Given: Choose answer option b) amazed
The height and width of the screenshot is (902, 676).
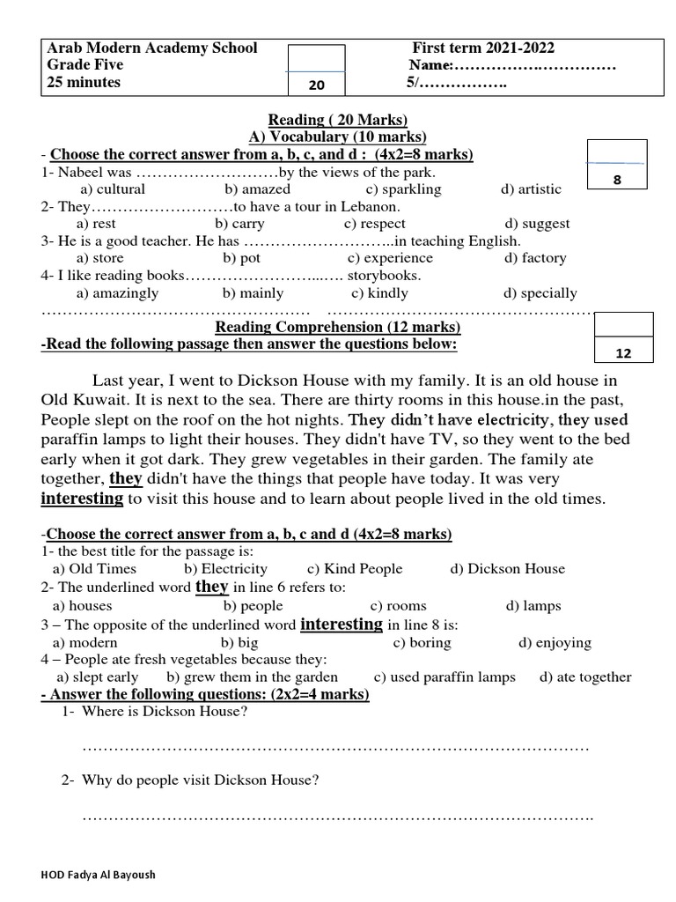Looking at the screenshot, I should [257, 189].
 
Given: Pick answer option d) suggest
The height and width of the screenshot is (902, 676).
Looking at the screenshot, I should [537, 224].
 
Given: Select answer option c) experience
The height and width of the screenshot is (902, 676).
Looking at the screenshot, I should [390, 258].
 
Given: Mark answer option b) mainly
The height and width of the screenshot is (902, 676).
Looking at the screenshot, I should [253, 293].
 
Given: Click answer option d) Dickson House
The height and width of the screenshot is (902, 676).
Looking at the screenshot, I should [507, 569].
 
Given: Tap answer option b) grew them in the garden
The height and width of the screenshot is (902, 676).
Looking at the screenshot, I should [252, 677].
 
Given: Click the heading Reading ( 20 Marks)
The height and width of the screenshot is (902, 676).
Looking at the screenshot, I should [338, 120].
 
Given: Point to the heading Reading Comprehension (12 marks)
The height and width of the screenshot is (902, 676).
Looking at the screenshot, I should [338, 328].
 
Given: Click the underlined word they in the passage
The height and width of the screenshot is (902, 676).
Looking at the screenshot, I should [125, 479].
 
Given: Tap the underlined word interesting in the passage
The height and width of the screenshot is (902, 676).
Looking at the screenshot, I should [82, 499].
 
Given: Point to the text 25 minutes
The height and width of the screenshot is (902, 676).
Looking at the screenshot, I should [84, 83].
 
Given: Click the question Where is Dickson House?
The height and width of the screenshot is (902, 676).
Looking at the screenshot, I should [164, 713].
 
